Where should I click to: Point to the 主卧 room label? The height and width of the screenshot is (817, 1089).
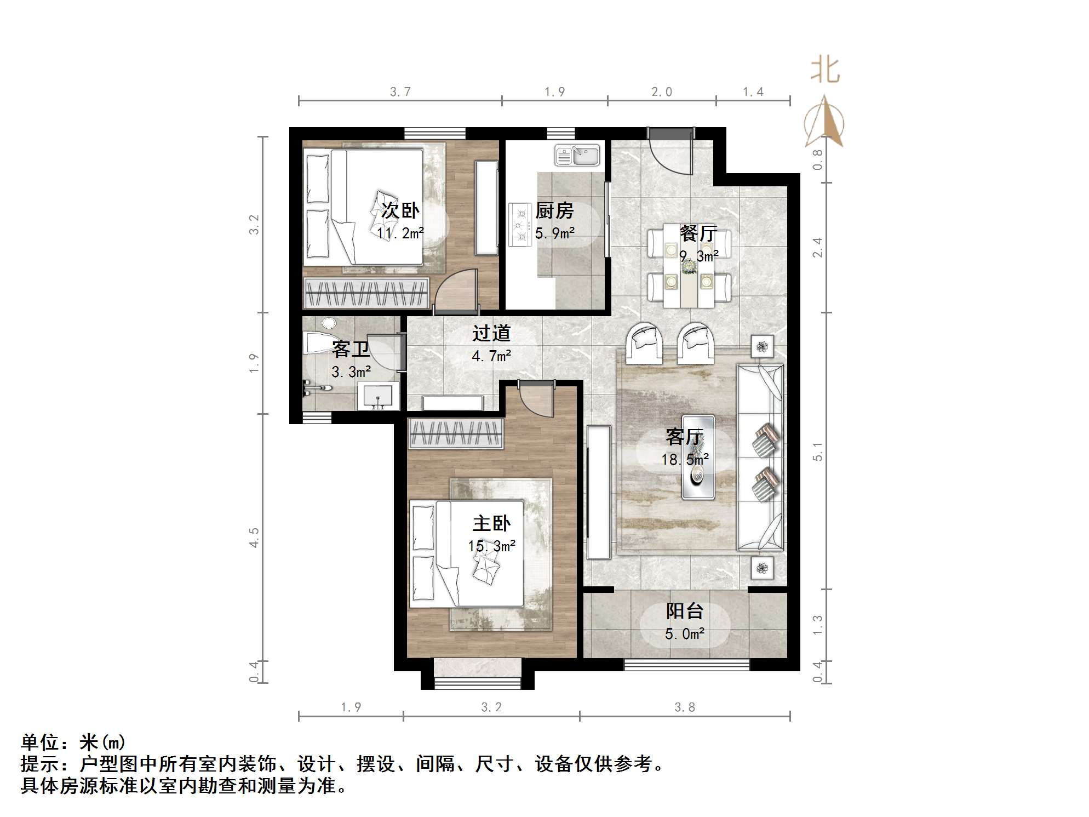click(x=491, y=524)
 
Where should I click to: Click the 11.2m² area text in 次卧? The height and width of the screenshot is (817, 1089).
click(x=400, y=233)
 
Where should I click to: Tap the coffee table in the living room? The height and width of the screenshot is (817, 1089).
click(x=698, y=457)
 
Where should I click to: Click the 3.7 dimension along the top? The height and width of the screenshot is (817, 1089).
click(x=400, y=92)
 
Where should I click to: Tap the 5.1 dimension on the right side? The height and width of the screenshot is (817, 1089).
click(x=818, y=452)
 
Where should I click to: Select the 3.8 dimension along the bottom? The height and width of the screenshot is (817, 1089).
click(x=685, y=707)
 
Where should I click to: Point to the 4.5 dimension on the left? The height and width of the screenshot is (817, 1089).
click(x=254, y=537)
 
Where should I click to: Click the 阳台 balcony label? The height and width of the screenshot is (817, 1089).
click(x=685, y=611)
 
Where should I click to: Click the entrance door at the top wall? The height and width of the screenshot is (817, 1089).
click(x=670, y=151)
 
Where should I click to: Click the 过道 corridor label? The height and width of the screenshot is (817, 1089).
click(x=491, y=333)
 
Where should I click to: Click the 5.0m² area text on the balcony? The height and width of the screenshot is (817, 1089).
click(x=685, y=634)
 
